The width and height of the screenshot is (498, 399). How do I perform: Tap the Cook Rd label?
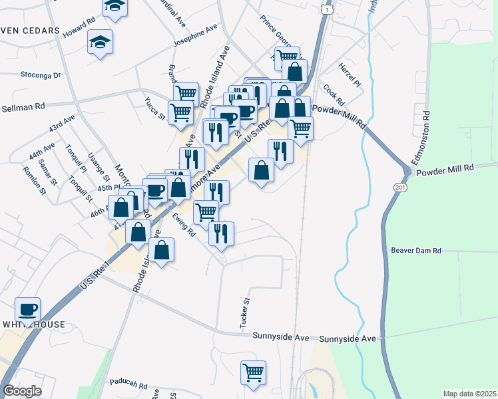pos(334,94)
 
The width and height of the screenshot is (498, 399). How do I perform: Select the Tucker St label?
pos(245,312)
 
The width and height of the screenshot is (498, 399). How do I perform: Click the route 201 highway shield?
pos(399,190)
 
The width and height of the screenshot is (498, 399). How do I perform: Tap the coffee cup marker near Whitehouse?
pos(28,310)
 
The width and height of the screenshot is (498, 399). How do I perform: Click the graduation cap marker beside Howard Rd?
pos(101,43)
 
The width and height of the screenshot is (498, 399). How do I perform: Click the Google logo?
pos(22,391)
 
